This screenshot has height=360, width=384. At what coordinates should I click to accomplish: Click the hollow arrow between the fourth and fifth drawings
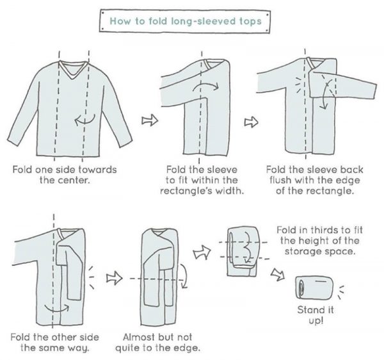pyautogui.click(x=114, y=278)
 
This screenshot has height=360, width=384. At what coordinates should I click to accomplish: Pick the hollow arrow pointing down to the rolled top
pyautogui.click(x=276, y=274)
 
